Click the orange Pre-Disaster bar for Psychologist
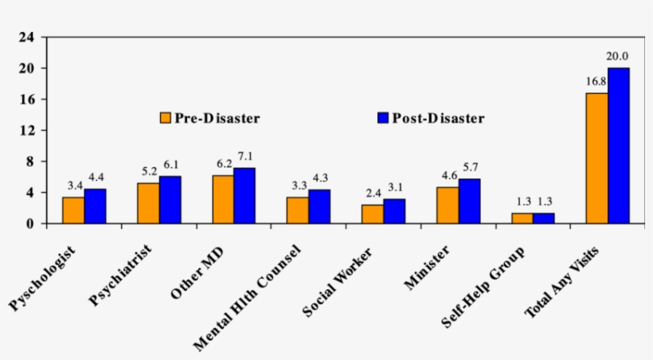73,210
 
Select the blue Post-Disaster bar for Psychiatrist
170,200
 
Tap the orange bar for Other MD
223,199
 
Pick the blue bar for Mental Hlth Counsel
319,206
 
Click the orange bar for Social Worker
372,214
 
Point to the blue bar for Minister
469,202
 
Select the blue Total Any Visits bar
619,146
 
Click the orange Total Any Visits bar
596,158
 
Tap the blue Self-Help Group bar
544,218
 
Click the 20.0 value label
618,57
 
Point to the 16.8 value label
596,81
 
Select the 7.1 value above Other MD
245,156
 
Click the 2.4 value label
372,193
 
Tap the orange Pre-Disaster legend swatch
166,118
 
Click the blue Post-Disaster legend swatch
381,118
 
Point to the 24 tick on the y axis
26,37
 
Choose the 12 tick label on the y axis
26,131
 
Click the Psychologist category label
45,279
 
